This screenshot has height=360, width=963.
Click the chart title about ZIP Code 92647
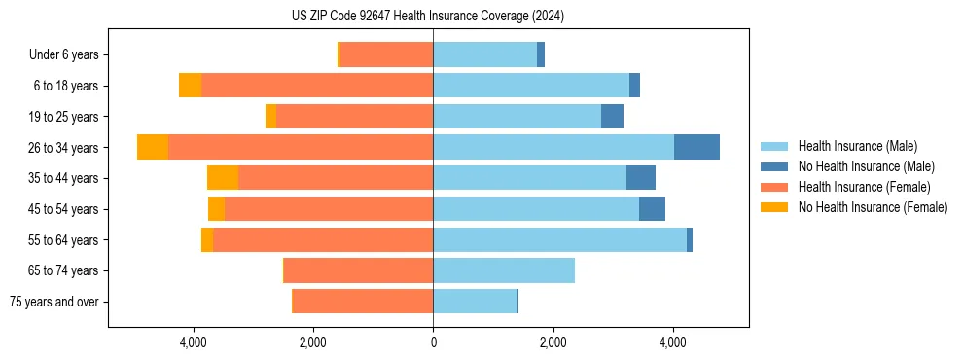pos(427,16)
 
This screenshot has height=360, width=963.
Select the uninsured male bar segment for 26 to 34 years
pos(696,147)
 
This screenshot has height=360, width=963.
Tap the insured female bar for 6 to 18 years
pos(317,86)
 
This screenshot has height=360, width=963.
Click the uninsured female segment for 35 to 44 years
pos(223,178)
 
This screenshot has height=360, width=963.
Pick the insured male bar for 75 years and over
pos(475,302)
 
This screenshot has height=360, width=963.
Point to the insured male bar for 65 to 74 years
pos(504,270)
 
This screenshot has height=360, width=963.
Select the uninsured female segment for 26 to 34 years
pos(153,147)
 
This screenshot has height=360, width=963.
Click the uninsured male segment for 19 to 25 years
pos(612,117)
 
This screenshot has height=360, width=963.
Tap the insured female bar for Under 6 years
pos(387,54)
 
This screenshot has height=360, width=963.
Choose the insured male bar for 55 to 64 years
pos(559,239)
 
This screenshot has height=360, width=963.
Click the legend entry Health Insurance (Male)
pos(857,146)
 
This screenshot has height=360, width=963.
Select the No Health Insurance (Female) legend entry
pos(873,207)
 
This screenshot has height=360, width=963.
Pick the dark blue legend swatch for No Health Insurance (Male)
pos(774,166)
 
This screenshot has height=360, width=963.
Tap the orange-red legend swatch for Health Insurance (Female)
pos(774,187)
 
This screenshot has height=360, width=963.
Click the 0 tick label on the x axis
pos(433,342)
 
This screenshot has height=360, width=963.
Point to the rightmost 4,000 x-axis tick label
pos(672,342)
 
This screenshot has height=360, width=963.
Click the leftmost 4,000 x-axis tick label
pos(194,342)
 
